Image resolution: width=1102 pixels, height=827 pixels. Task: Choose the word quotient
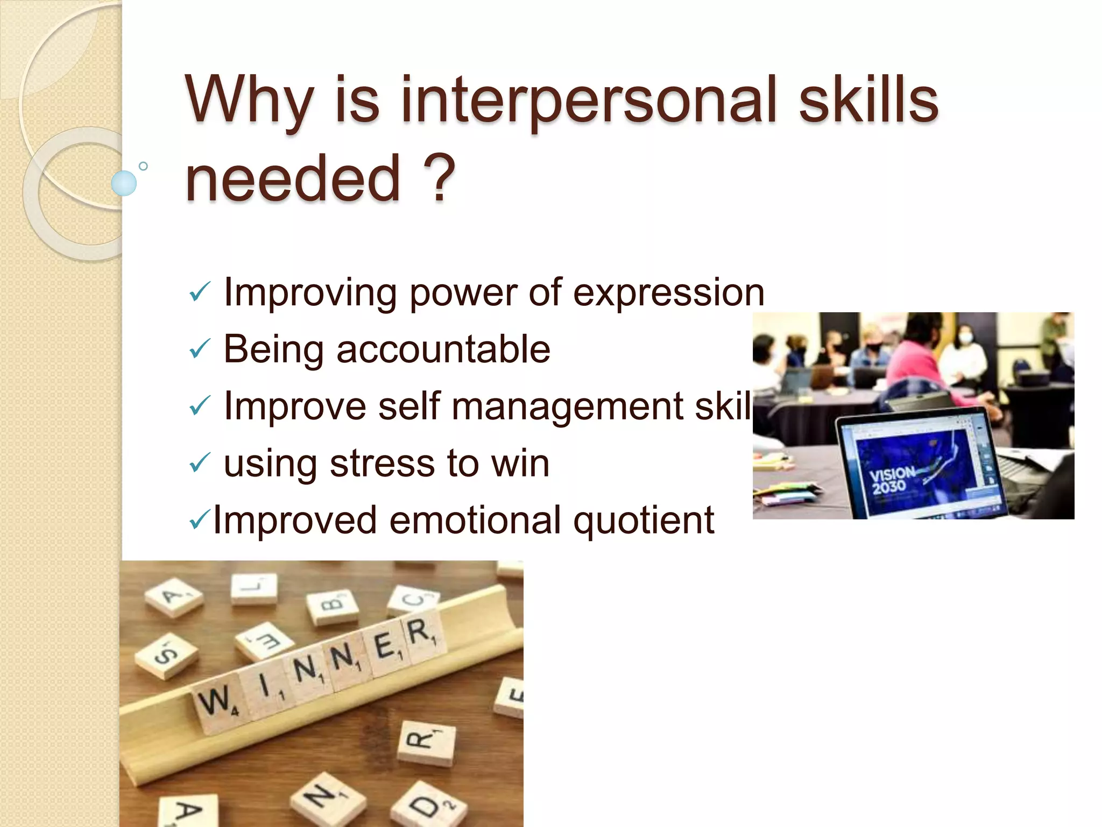[x=643, y=521]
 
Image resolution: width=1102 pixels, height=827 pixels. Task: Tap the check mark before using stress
[x=200, y=462]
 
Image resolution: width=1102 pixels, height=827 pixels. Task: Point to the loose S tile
[x=166, y=654]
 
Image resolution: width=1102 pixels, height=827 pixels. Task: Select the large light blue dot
[x=124, y=183]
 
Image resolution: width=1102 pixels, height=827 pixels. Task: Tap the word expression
[x=668, y=293]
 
